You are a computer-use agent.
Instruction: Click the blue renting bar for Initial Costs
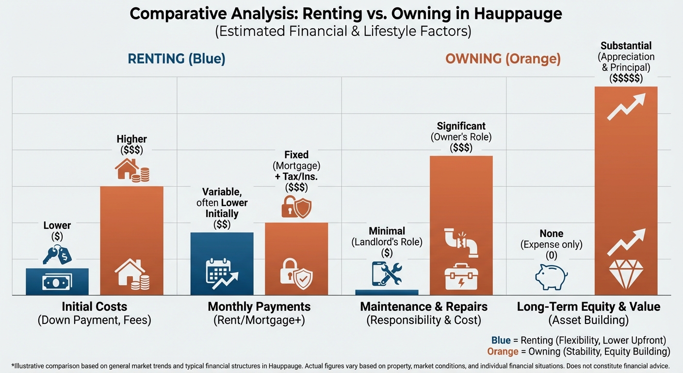57,282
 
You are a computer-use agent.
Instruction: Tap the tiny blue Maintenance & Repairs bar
387,292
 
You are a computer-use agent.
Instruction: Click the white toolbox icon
461,278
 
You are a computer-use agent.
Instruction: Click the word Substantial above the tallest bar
626,46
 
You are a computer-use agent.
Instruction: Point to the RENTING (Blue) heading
177,59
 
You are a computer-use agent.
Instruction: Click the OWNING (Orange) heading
503,59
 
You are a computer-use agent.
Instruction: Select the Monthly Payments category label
259,307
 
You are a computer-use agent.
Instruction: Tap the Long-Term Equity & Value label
588,307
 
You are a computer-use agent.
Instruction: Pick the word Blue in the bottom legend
501,340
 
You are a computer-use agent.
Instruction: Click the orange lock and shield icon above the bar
296,207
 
